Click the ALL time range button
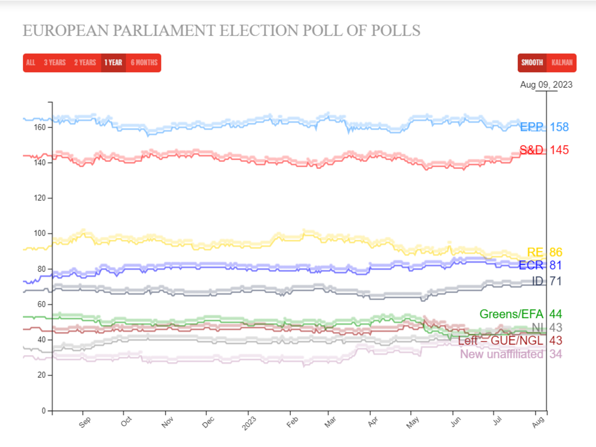[31, 63]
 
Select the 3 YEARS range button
[55, 63]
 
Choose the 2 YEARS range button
[85, 63]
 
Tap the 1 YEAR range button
[113, 63]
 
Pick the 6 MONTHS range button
[144, 63]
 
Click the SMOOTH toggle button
[532, 63]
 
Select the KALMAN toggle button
[562, 63]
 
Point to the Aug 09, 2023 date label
[546, 85]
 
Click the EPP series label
[531, 127]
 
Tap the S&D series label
[531, 150]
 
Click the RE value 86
[556, 252]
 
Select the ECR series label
[531, 265]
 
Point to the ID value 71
[556, 281]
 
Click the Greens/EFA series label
[511, 314]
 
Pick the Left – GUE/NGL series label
[500, 341]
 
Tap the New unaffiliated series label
[502, 354]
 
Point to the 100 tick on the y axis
[40, 233]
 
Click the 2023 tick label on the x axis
[249, 423]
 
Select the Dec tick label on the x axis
[208, 422]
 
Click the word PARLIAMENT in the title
[164, 31]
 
